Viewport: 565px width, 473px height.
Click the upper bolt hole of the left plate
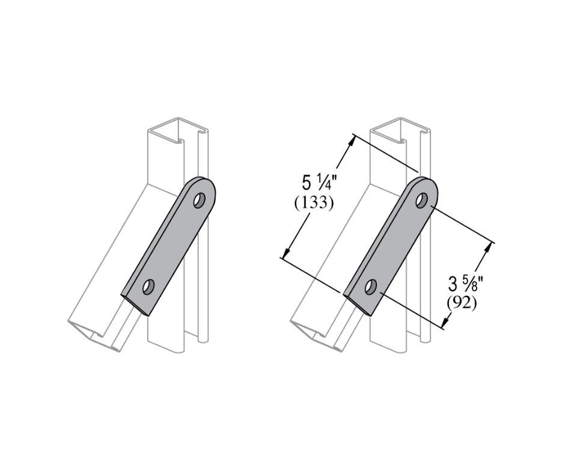click(198, 200)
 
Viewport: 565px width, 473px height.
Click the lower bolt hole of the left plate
click(147, 286)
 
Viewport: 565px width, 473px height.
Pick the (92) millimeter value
click(462, 303)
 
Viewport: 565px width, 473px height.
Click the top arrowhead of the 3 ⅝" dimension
click(491, 246)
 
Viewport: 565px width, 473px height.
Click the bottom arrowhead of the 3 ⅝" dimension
click(445, 325)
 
